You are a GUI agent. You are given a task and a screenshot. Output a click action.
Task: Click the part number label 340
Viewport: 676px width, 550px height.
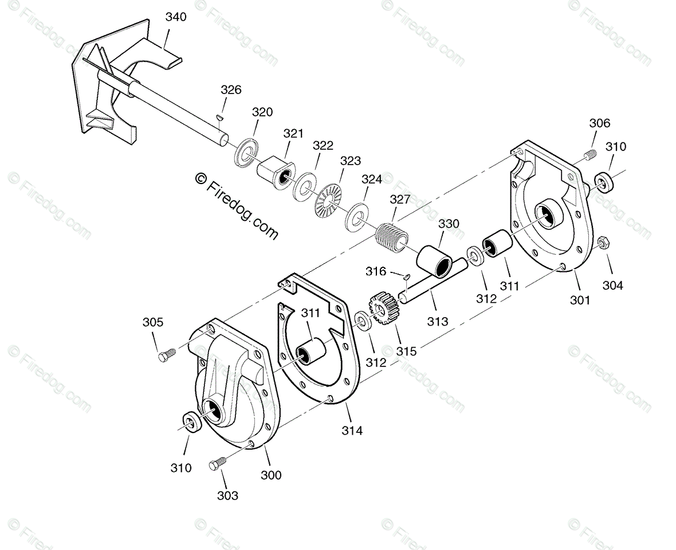pos(176,17)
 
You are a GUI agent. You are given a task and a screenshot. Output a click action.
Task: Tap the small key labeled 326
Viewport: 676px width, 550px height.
pos(220,118)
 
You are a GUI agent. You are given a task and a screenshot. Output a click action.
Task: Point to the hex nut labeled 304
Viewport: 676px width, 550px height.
pos(602,243)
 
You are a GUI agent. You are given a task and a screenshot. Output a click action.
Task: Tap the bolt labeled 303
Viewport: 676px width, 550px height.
pos(217,463)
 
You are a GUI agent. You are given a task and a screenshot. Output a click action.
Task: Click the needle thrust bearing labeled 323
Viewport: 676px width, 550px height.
pos(330,199)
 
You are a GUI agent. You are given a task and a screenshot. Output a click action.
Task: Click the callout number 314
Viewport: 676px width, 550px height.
pos(352,430)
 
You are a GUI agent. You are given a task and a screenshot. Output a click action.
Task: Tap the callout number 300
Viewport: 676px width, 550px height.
pos(271,475)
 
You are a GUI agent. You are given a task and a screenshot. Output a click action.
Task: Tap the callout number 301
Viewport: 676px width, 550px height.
pos(580,299)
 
